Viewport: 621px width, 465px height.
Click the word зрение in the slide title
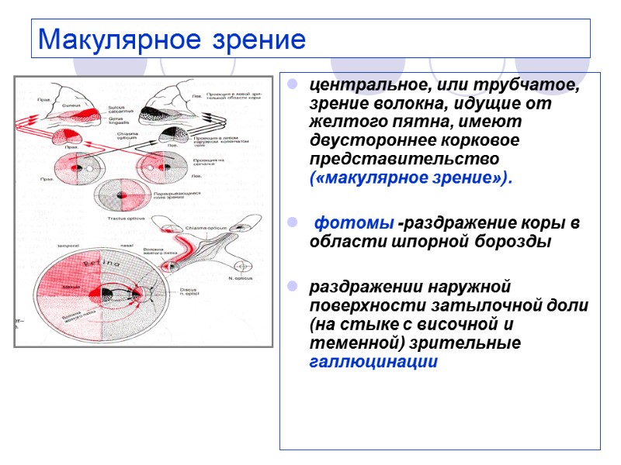click(x=249, y=39)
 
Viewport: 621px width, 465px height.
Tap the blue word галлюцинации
click(x=373, y=361)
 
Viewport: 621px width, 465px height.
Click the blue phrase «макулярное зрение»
click(x=411, y=178)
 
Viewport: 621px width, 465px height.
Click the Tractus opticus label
click(x=121, y=219)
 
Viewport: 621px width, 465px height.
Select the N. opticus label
click(x=240, y=277)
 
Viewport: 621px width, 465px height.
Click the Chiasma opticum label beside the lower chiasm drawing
click(x=205, y=229)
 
